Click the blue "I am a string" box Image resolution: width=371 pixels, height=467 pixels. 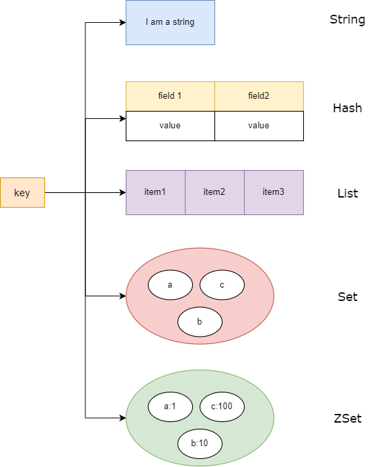tap(170, 22)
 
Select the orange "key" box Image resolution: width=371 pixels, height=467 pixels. tap(22, 193)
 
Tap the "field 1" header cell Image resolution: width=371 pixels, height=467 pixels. tap(170, 96)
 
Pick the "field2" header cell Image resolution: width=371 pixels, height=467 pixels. tap(259, 96)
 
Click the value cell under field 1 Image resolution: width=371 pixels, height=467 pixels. tap(170, 126)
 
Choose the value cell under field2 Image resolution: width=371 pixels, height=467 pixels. tap(259, 126)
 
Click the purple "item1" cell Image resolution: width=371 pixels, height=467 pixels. tap(155, 192)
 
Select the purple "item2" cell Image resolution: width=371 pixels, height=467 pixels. tap(214, 192)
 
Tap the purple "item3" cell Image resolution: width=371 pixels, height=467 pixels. tap(274, 192)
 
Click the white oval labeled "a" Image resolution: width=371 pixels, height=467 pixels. tap(170, 285)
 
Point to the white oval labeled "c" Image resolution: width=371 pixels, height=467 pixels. tap(222, 285)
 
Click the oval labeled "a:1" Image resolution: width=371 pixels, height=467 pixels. tap(170, 406)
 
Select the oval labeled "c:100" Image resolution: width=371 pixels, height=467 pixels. tap(222, 406)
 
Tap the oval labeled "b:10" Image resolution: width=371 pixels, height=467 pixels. tap(200, 443)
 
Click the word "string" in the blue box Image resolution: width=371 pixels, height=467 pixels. tap(183, 22)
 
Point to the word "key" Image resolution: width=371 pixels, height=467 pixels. tap(22, 193)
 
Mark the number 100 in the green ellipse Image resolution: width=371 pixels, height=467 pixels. tap(226, 406)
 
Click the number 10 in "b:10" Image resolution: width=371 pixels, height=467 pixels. tap(203, 443)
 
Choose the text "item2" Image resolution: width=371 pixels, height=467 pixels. tap(214, 192)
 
